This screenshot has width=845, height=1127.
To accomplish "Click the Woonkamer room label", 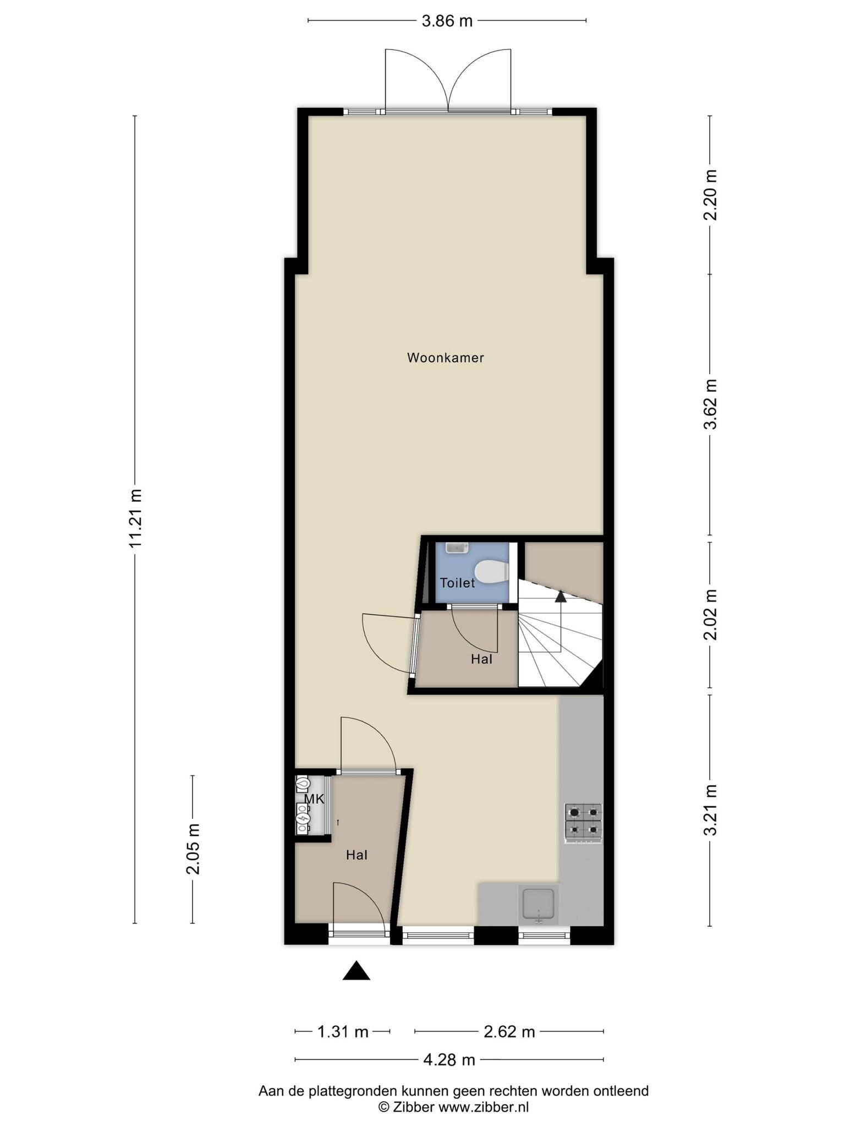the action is click(x=445, y=358).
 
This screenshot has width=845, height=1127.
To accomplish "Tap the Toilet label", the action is click(x=457, y=583).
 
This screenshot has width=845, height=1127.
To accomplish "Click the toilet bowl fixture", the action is click(x=491, y=571).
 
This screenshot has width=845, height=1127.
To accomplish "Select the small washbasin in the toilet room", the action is click(x=457, y=548).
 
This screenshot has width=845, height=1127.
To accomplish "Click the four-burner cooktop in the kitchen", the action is click(x=583, y=823).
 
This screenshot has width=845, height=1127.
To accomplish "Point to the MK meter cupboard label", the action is click(x=314, y=799).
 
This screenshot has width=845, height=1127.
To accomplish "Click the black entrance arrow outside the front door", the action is click(x=356, y=970).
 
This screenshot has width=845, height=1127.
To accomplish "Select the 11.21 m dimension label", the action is click(x=135, y=518).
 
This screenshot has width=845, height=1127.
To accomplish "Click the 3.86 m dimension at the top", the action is click(x=447, y=21).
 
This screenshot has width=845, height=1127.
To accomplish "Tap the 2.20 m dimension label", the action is click(x=710, y=195).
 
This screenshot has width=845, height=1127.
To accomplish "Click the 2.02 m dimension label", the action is click(x=710, y=615).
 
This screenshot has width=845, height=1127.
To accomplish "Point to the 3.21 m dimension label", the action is click(x=710, y=810).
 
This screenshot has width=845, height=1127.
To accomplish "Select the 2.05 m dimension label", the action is click(x=193, y=849).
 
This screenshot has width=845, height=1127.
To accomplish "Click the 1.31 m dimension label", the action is click(x=343, y=1032).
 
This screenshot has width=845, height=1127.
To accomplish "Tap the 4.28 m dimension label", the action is click(x=449, y=1059).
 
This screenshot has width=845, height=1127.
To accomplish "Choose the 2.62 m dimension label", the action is click(x=509, y=1032).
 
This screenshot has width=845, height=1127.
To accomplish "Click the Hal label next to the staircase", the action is click(x=481, y=659).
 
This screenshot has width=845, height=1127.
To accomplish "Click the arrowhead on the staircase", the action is click(x=561, y=595).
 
